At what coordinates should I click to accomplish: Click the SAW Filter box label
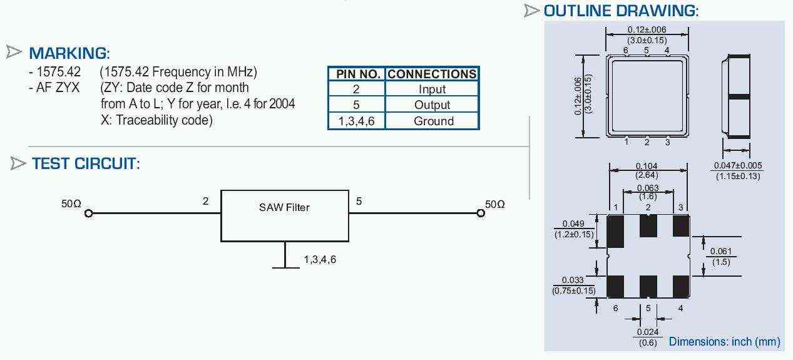pyautogui.click(x=284, y=207)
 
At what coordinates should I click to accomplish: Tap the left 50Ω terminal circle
pyautogui.click(x=89, y=213)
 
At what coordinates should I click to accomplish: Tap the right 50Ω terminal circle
pyautogui.click(x=481, y=213)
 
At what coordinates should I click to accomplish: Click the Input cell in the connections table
pyautogui.click(x=432, y=89)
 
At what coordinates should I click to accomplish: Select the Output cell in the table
pyautogui.click(x=432, y=105)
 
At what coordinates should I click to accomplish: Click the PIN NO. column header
pyautogui.click(x=357, y=74)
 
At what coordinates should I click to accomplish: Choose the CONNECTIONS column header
pyautogui.click(x=432, y=74)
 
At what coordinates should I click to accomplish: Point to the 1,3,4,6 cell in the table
pyautogui.click(x=357, y=121)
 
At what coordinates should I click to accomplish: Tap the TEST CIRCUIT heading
pyautogui.click(x=86, y=163)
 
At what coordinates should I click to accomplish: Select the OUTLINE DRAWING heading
pyautogui.click(x=621, y=11)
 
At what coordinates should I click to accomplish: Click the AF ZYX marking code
pyautogui.click(x=58, y=88)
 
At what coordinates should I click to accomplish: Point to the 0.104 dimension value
pyautogui.click(x=647, y=166)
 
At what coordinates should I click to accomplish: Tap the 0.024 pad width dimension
pyautogui.click(x=648, y=332)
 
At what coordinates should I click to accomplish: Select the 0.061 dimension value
pyautogui.click(x=721, y=251)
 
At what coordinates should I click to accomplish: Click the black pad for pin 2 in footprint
pyautogui.click(x=648, y=226)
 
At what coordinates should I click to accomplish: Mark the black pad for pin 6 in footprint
pyautogui.click(x=615, y=286)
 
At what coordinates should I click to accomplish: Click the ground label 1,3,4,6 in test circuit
pyautogui.click(x=320, y=260)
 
